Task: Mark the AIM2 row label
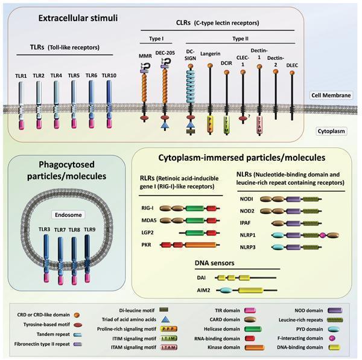click(204, 291)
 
